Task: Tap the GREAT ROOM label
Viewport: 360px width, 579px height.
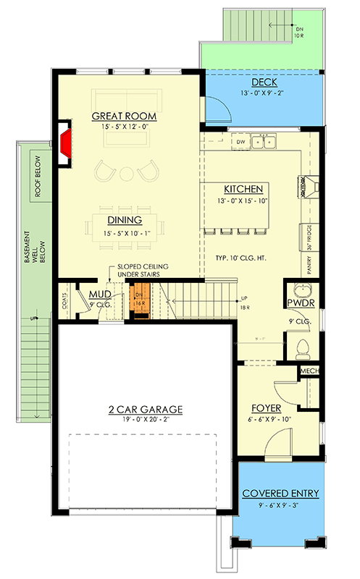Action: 124,117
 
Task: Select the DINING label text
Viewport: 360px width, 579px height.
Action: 124,220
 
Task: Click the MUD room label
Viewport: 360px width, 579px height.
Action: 99,294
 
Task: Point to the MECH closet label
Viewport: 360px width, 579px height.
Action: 309,372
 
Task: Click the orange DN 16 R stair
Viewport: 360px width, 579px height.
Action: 139,301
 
